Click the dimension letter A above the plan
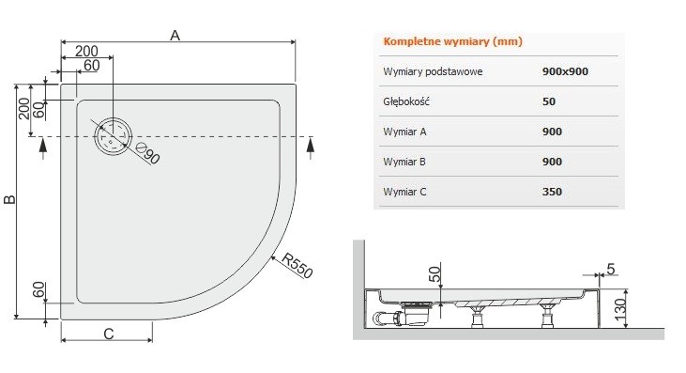click(175, 35)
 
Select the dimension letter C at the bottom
click(109, 334)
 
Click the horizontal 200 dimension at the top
click(87, 50)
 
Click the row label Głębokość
click(406, 101)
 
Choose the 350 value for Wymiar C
click(552, 192)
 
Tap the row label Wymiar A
click(405, 132)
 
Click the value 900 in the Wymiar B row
click(552, 162)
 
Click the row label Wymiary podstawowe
click(433, 71)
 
